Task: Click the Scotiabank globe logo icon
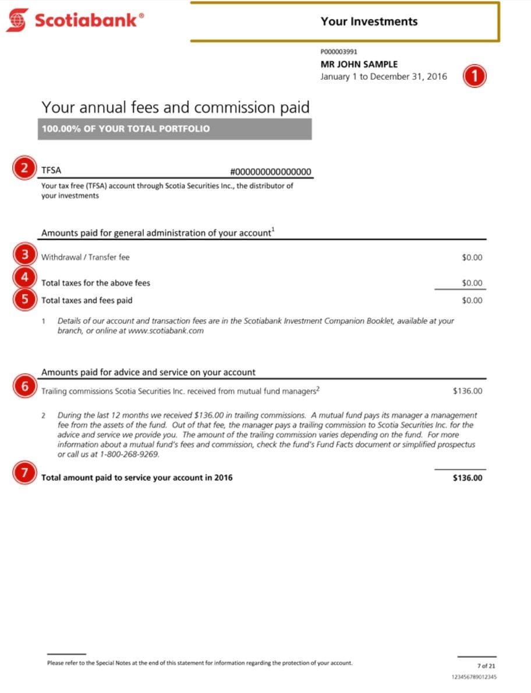17,20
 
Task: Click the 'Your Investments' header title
369,22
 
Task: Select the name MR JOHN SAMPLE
359,64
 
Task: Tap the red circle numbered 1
475,76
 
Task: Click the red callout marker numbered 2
24,169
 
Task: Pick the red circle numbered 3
24,255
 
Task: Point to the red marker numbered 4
24,277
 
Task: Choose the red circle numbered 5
24,299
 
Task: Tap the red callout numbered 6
24,387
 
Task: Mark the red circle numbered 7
24,473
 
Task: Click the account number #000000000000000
271,171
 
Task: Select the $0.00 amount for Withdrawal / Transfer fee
472,257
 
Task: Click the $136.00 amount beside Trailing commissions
467,391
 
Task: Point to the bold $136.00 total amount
467,478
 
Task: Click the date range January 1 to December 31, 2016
384,76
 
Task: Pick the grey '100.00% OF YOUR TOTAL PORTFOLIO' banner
175,129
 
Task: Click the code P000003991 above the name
339,52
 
